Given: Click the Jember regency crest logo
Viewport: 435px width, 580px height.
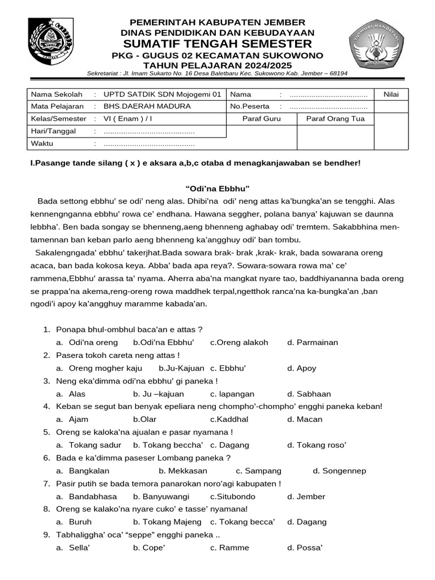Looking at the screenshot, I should (x=50, y=42).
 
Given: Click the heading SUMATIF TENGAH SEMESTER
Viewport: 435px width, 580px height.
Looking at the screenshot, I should (x=217, y=44).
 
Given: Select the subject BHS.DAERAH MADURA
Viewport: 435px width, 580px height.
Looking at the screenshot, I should (x=147, y=106).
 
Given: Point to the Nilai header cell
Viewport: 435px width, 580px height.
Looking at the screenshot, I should (x=391, y=94).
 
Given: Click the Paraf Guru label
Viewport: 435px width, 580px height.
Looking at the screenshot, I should (x=261, y=119).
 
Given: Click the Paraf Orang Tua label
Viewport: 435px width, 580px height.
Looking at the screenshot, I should (x=335, y=119).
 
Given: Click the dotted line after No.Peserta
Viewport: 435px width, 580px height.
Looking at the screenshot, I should (x=328, y=106).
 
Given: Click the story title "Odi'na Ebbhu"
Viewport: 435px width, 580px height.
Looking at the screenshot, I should (x=217, y=188).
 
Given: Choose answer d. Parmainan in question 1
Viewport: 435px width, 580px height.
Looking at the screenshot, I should (x=312, y=343).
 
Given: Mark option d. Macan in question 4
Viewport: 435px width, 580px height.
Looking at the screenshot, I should (x=305, y=420).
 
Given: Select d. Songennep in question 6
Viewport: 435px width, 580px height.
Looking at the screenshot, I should (x=339, y=471).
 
